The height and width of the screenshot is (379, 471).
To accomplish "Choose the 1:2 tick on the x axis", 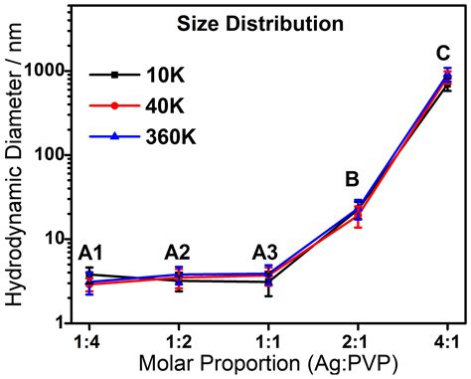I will tap(179, 339).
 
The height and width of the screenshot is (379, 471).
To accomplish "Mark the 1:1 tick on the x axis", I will tap(268, 339).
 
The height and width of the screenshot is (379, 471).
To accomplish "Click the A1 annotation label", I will tap(92, 253).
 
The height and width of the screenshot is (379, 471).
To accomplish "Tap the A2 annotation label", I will tap(179, 253).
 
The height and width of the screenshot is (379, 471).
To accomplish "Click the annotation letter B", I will tap(352, 180).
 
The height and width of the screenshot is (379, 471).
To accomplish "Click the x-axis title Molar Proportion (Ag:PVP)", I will tap(267, 363).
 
